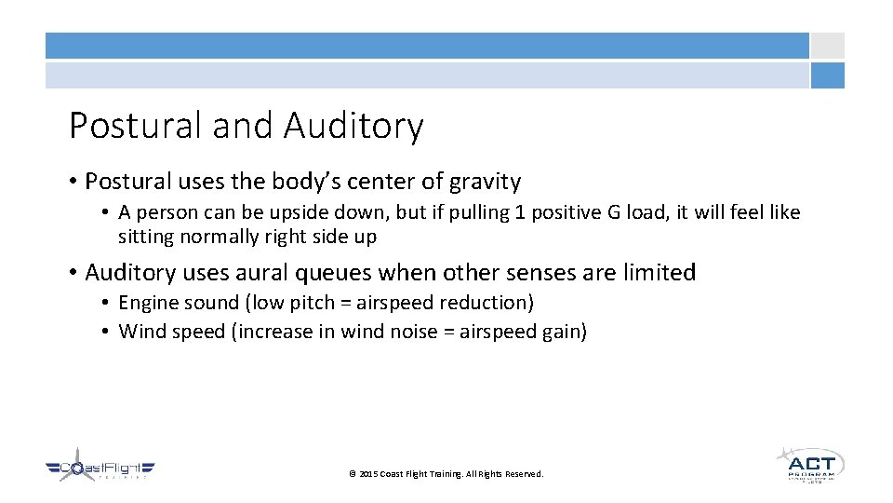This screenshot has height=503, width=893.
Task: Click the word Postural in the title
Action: click(x=137, y=126)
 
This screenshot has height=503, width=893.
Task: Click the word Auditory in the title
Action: click(x=353, y=126)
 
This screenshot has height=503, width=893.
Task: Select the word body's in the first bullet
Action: click(x=272, y=182)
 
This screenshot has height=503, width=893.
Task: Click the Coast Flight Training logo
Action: click(x=100, y=466)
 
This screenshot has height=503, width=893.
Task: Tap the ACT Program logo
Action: click(x=809, y=463)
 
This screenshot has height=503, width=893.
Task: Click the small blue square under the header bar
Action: click(x=827, y=75)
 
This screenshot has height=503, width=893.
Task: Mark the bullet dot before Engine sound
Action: click(x=108, y=304)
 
